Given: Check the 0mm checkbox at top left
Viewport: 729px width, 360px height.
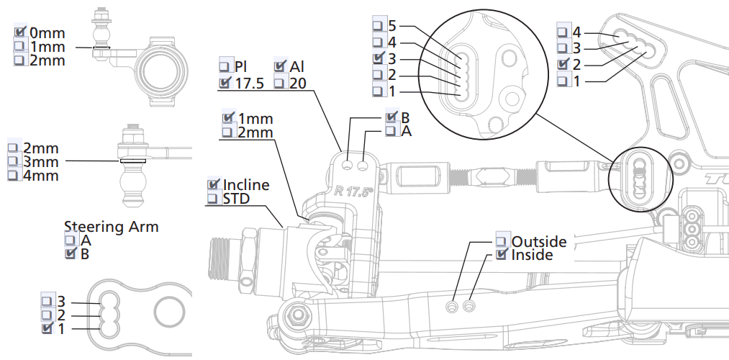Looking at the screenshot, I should (20, 32).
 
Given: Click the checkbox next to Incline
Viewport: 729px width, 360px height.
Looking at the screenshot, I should (214, 184).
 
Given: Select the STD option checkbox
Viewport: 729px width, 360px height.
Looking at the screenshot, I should (214, 198).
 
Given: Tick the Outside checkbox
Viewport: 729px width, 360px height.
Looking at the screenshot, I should (502, 241).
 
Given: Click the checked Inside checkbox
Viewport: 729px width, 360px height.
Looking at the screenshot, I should (502, 255).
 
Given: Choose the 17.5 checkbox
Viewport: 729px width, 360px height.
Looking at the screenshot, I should (225, 83).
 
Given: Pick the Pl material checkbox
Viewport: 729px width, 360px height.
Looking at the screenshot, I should (225, 67).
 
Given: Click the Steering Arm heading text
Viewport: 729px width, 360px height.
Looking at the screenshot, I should (111, 227).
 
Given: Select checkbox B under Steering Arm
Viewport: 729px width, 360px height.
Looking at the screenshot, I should (71, 253).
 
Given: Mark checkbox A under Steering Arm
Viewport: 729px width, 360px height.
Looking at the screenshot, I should (71, 240).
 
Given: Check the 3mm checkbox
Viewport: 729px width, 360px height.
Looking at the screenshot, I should (13, 161).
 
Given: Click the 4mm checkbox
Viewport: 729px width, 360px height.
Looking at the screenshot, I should (13, 175).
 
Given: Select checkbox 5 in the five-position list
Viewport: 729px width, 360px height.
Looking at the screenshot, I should (378, 26).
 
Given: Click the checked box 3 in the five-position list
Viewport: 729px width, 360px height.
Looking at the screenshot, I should (378, 58).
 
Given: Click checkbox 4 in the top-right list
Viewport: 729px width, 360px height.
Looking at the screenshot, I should (563, 31).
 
